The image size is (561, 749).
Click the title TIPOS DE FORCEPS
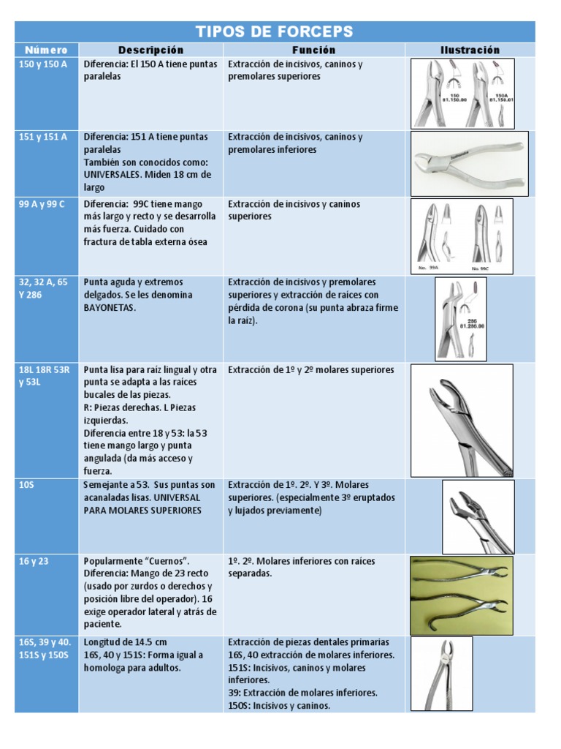pos(275,31)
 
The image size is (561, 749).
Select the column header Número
pos(46,50)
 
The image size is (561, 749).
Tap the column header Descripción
pos(151,50)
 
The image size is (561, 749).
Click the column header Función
pos(314,50)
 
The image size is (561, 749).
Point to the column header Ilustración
pos(470,50)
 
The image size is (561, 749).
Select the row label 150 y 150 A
pos(42,64)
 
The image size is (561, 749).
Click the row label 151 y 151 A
pos(42,137)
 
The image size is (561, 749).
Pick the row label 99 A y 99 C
pos(42,204)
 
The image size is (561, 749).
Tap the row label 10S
pos(26,485)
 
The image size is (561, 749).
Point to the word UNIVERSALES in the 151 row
pos(113,175)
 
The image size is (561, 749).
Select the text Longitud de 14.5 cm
pos(125,642)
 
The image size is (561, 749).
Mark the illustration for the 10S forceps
pos(478,516)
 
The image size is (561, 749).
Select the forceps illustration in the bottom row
pos(441,673)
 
